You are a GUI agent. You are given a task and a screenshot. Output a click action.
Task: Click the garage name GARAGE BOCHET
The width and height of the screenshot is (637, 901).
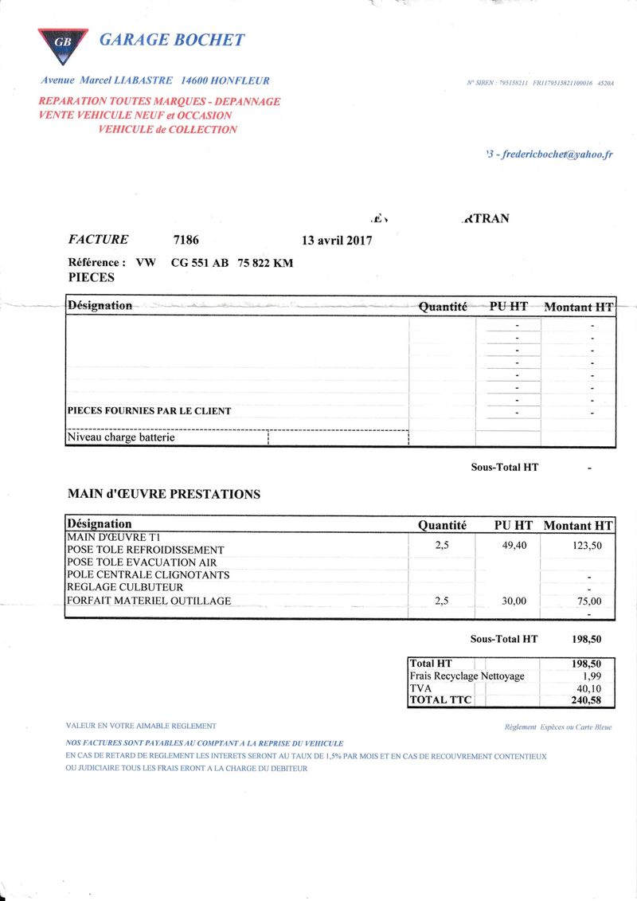tap(171, 40)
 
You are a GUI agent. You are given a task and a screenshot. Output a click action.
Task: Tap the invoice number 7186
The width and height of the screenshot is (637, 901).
tap(186, 239)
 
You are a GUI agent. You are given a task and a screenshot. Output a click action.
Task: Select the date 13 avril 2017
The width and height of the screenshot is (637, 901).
tap(337, 240)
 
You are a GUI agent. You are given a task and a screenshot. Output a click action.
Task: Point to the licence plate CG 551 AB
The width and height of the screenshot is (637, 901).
tap(200, 263)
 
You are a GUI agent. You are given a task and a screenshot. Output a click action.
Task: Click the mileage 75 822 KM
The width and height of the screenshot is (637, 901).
tap(265, 263)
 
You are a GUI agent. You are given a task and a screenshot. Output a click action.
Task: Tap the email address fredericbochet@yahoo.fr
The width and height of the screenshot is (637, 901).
tap(557, 155)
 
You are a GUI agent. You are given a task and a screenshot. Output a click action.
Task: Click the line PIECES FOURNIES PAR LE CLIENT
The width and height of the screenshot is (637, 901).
tap(149, 411)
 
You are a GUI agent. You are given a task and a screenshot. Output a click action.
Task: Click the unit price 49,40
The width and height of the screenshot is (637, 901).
tap(514, 546)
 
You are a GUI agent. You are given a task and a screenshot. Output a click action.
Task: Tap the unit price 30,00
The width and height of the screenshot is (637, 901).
tap(514, 601)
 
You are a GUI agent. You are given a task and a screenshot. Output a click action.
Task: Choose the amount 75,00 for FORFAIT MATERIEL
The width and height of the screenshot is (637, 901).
tap(589, 601)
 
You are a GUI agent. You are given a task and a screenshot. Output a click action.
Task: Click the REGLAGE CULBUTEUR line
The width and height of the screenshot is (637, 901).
tap(125, 587)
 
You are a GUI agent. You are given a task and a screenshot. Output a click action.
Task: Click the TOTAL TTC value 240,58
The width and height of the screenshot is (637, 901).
tap(586, 701)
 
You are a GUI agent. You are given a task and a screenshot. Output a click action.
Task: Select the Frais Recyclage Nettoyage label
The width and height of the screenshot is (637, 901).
tap(467, 676)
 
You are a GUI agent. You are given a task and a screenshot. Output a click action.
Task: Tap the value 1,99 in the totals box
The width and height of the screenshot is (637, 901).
tap(592, 676)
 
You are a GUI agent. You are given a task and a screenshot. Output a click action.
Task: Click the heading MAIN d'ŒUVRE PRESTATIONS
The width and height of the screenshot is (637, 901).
tap(164, 494)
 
